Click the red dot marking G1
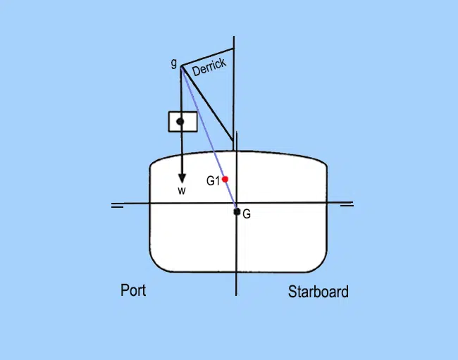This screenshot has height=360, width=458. [225, 179]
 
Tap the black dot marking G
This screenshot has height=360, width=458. [237, 211]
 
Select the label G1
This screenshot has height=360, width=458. [213, 181]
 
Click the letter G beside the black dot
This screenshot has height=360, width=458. [247, 214]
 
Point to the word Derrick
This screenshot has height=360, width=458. [209, 67]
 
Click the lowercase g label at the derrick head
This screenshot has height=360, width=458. [174, 63]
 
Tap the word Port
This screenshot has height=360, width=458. [133, 290]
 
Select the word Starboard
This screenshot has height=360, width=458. [318, 292]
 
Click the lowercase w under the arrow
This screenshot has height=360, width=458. [182, 191]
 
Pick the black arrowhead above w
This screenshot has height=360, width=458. [182, 178]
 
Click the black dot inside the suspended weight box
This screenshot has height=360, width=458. [180, 121]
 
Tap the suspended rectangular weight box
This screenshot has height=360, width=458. [183, 122]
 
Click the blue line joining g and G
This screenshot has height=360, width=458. [209, 139]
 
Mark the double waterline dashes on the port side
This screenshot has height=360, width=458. [117, 206]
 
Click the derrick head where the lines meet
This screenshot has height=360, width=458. [182, 67]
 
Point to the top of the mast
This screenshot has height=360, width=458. [234, 37]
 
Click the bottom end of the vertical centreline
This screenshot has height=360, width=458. [236, 295]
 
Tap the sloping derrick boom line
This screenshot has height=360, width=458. [207, 104]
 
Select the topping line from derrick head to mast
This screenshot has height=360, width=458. [208, 58]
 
